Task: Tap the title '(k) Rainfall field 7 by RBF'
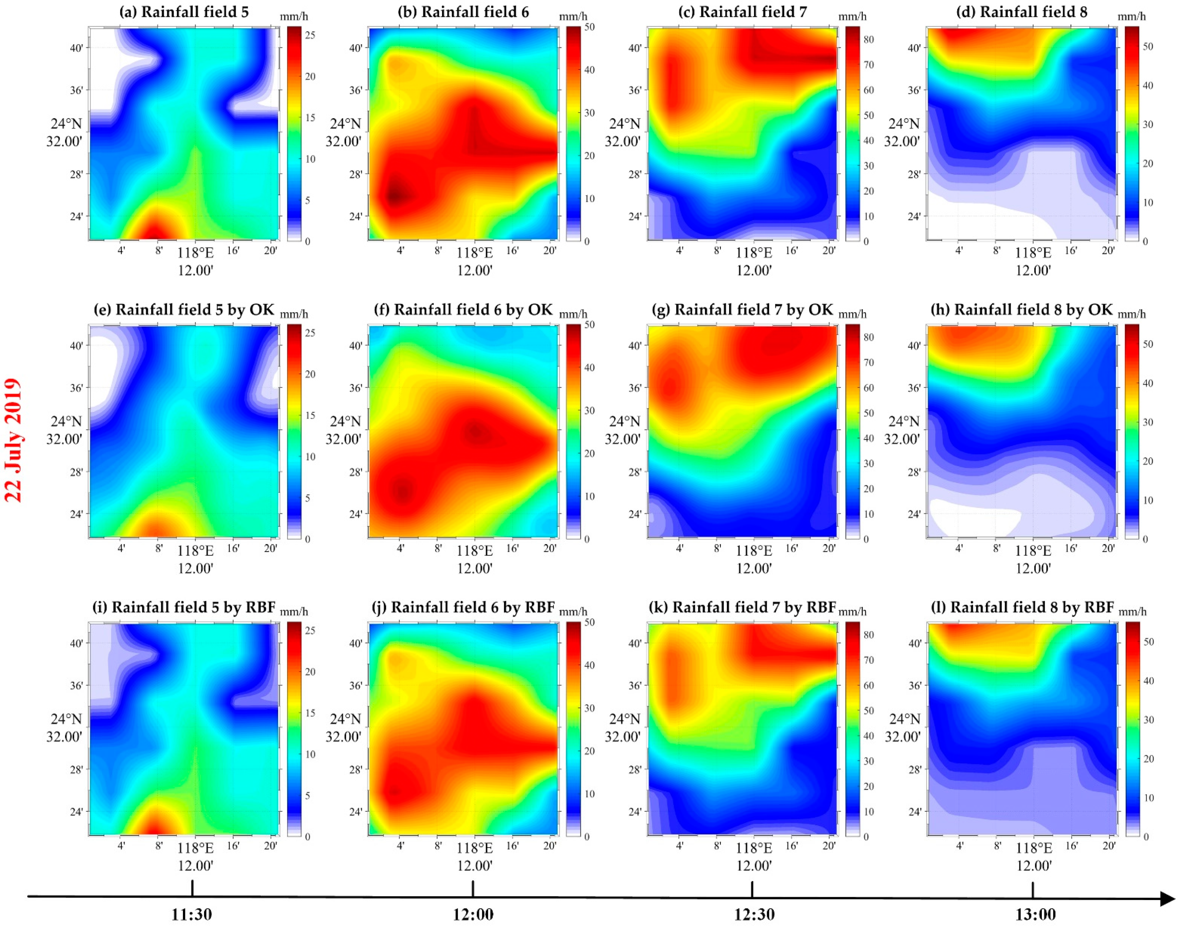click(742, 608)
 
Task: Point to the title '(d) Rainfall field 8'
click(1022, 12)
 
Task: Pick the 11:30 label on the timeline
click(192, 914)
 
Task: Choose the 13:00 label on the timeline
click(1035, 914)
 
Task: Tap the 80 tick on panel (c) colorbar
click(869, 39)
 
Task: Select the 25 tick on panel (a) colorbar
click(310, 35)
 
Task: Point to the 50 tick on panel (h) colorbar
click(1148, 344)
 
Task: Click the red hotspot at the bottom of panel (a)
click(155, 232)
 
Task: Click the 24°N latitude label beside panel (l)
click(905, 719)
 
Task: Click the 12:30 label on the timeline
click(754, 914)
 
